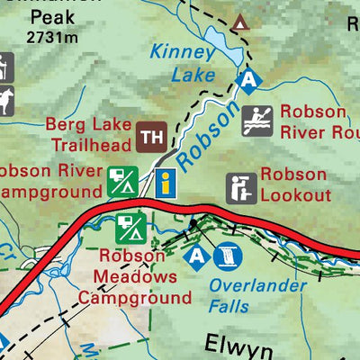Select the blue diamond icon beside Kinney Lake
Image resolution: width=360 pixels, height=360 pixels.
pyautogui.click(x=250, y=83)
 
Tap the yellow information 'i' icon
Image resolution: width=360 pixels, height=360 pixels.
pyautogui.click(x=165, y=182)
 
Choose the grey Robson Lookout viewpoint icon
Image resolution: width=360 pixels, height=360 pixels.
pyautogui.click(x=239, y=187)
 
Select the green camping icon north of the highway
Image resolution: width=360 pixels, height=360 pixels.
pyautogui.click(x=122, y=182)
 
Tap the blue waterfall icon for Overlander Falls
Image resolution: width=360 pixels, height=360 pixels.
pyautogui.click(x=224, y=257)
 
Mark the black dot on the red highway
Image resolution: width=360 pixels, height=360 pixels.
pyautogui.click(x=193, y=219)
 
